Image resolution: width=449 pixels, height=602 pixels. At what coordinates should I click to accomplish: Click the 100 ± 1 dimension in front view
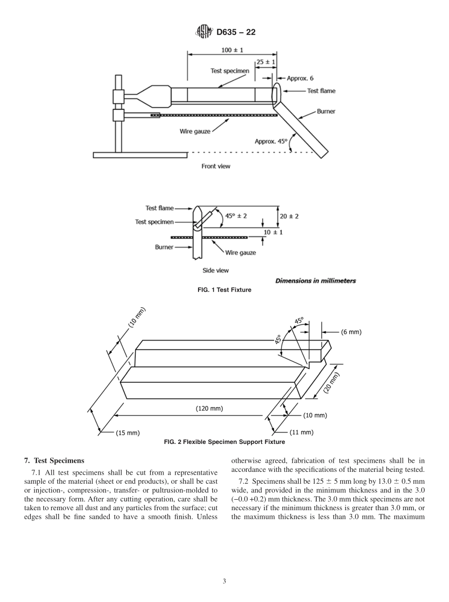(233, 50)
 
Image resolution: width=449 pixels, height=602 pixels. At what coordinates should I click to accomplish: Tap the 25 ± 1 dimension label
(266, 62)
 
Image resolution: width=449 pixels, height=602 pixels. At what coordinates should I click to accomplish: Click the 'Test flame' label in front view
(321, 91)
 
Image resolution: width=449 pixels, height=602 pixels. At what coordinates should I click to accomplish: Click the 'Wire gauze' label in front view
(195, 132)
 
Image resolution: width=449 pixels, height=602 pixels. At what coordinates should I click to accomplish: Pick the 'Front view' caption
(216, 166)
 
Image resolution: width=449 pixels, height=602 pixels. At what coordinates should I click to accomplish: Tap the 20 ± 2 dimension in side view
(289, 216)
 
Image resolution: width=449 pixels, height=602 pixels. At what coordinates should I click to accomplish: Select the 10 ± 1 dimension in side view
(273, 232)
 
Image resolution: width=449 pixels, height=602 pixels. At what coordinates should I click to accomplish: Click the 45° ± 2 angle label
(236, 216)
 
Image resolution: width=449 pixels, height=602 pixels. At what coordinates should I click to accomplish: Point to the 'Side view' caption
(216, 270)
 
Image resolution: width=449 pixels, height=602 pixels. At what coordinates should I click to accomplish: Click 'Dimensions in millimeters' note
(315, 281)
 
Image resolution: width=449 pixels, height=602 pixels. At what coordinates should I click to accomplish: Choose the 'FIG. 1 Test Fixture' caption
(224, 290)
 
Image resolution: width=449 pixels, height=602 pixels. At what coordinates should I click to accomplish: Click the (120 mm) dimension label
(209, 408)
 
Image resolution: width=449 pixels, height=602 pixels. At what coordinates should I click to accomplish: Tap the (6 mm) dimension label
(351, 332)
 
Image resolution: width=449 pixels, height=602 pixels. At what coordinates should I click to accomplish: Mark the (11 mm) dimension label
(301, 432)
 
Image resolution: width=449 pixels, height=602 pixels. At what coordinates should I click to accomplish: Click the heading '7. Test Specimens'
(54, 460)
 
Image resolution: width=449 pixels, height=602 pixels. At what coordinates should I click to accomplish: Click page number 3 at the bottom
(224, 582)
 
